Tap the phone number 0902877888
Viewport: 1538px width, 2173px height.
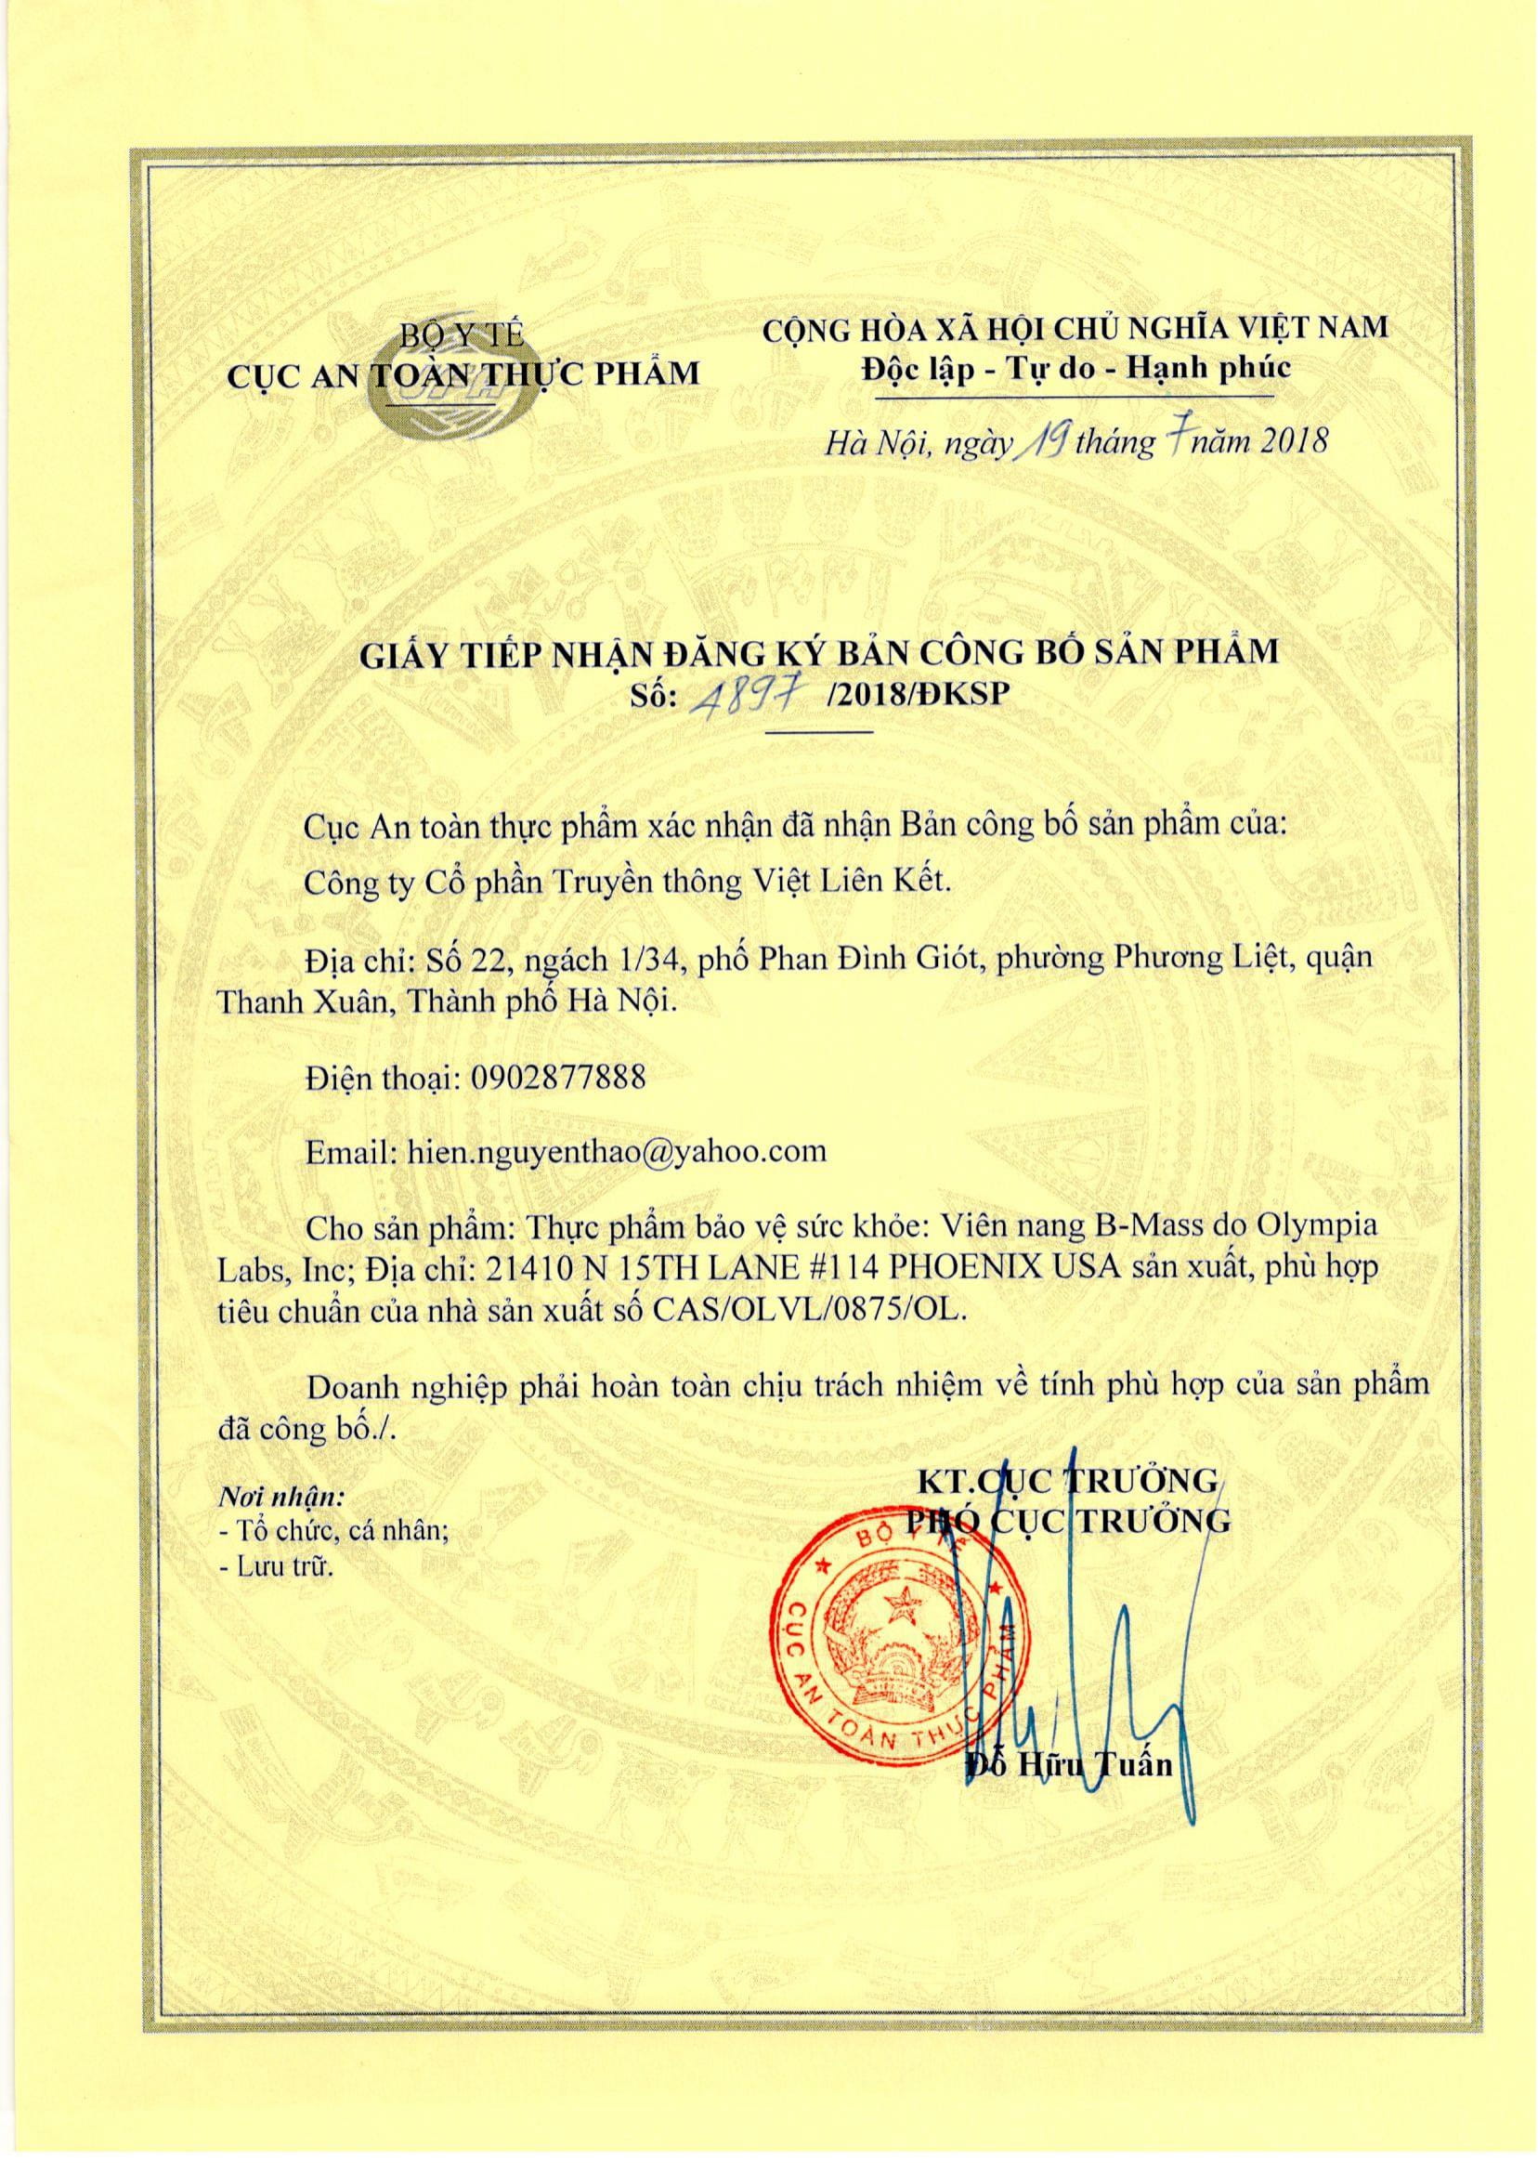tap(557, 1078)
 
